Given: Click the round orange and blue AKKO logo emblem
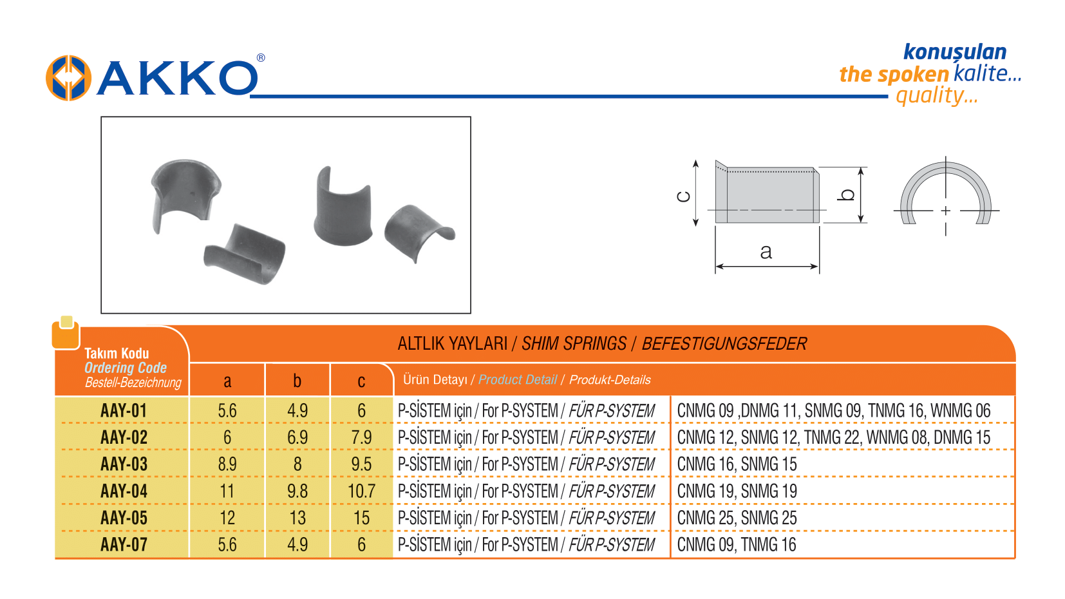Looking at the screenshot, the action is [68, 78].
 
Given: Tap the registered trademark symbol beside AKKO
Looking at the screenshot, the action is [261, 58].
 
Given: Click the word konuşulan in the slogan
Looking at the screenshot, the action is [955, 52].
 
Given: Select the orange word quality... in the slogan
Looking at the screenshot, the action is [936, 96].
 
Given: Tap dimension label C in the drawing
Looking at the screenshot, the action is [683, 196].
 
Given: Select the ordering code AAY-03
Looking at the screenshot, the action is [124, 464].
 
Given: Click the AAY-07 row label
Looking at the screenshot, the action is [124, 545].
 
